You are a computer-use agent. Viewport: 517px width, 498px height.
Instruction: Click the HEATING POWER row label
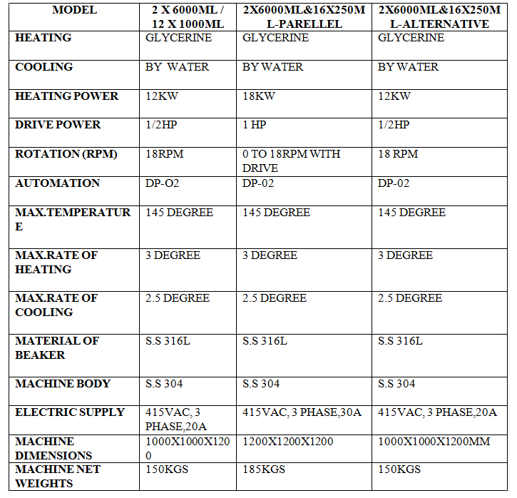coord(67,96)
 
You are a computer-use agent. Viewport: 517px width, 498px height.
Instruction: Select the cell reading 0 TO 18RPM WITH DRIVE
coord(291,161)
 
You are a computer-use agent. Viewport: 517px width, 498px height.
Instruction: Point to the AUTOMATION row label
coord(58,183)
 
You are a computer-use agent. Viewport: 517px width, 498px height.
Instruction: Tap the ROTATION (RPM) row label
coord(66,154)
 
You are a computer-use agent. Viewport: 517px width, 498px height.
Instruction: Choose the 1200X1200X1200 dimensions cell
coord(288,442)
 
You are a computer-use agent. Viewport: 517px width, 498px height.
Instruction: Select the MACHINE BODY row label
coord(63,384)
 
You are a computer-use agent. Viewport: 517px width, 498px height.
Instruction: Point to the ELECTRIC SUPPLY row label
coord(70,412)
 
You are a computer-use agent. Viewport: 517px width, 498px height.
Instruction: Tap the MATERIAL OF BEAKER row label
coord(57,347)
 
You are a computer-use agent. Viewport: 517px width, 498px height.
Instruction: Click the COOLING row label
coord(44,67)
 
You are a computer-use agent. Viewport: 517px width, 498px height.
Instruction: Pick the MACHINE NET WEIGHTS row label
coord(58,476)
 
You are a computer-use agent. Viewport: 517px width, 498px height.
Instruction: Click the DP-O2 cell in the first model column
coord(163,183)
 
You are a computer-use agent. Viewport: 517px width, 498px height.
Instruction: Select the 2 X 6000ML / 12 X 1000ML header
coord(188,17)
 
